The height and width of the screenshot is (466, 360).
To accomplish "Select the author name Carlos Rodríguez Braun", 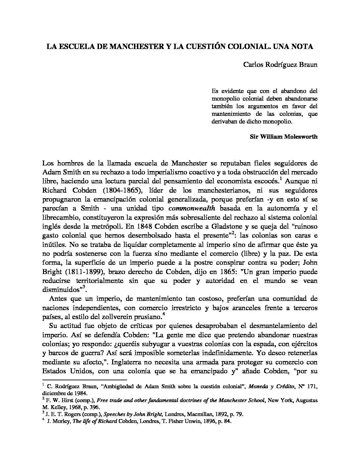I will point(280,65).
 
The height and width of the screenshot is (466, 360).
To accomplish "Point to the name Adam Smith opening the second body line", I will point(58,172).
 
